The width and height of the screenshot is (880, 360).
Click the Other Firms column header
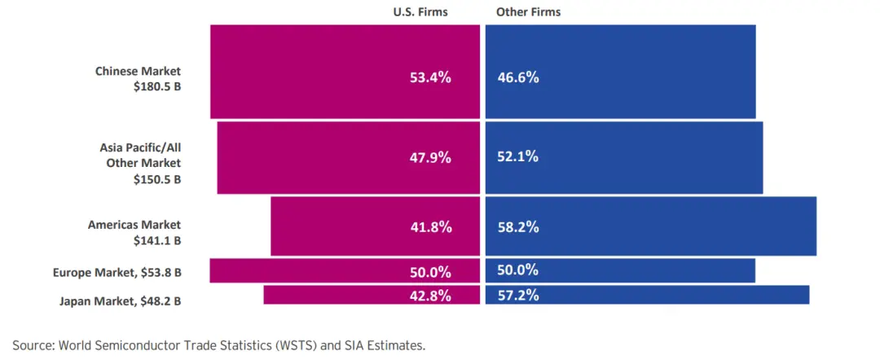pos(528,12)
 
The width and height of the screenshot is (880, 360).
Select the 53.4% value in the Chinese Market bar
pos(430,78)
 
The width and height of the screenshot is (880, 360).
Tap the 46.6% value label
pos(518,78)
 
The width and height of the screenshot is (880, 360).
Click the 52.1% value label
pos(518,157)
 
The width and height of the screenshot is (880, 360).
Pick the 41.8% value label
pos(431,228)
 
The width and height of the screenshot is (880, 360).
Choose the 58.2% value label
pos(518,228)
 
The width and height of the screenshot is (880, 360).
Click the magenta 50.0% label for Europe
pos(430,271)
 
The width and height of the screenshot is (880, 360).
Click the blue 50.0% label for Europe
pos(518,270)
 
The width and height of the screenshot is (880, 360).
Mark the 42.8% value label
pos(430,296)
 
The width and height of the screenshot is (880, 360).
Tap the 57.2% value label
pos(518,295)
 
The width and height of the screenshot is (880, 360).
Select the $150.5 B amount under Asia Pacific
pos(157,179)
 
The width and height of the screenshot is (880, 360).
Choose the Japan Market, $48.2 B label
pos(120,301)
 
